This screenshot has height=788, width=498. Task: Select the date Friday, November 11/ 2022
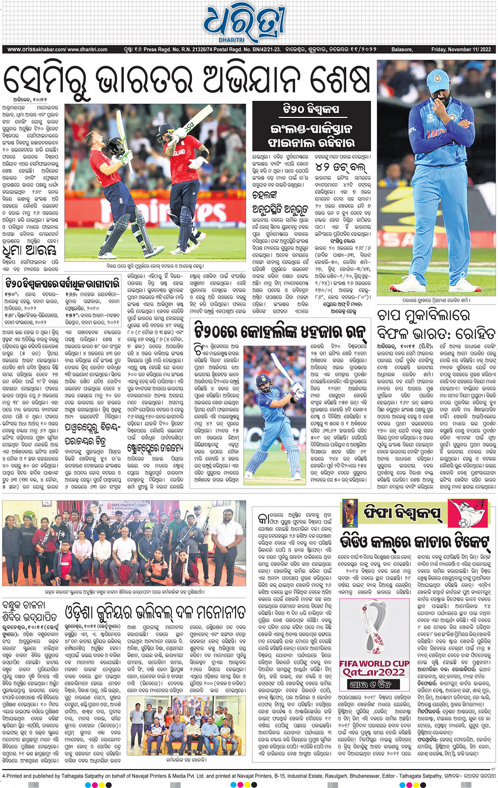(461, 49)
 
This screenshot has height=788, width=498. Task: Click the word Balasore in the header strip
(402, 49)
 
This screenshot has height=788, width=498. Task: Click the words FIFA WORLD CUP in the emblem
(374, 663)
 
